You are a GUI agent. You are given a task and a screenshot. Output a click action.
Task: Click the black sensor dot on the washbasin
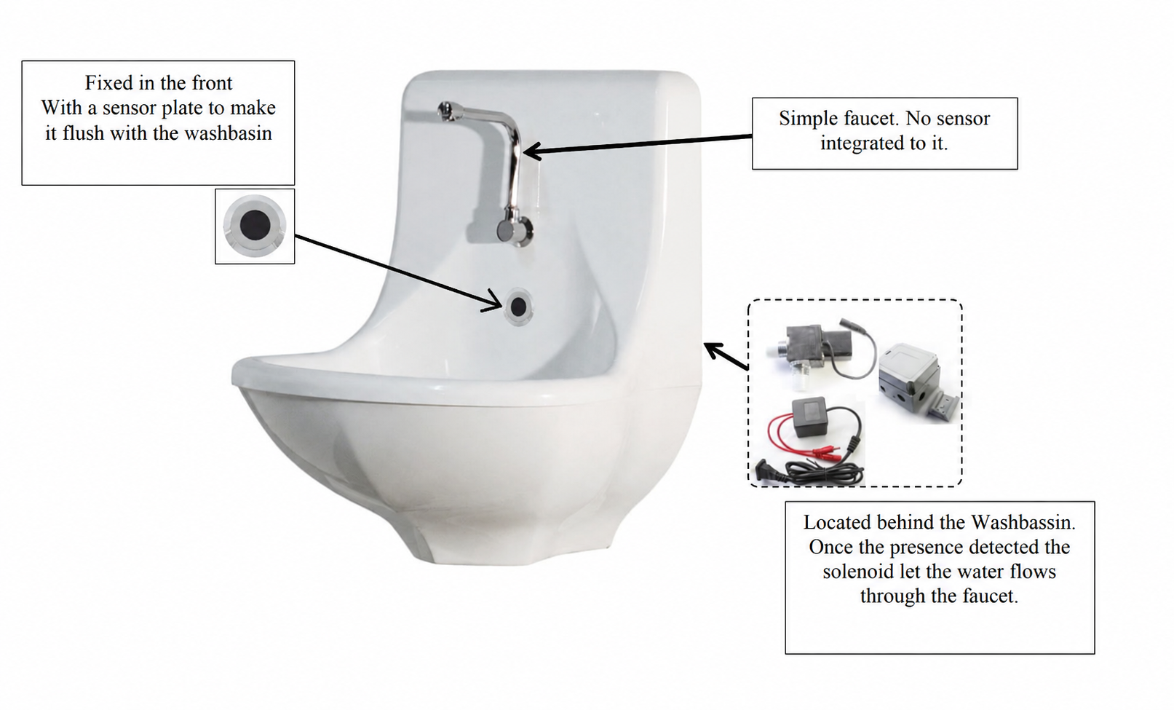[x=518, y=307]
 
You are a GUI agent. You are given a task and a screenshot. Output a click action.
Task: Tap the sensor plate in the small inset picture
[x=255, y=226]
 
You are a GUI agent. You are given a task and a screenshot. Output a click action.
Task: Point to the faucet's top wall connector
[x=446, y=110]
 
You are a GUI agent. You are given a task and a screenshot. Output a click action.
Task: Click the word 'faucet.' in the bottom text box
[x=990, y=596]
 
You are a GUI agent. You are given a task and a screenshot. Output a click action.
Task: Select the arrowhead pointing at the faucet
[x=531, y=151]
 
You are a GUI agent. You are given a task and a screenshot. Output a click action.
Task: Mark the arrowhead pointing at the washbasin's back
[x=712, y=350]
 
